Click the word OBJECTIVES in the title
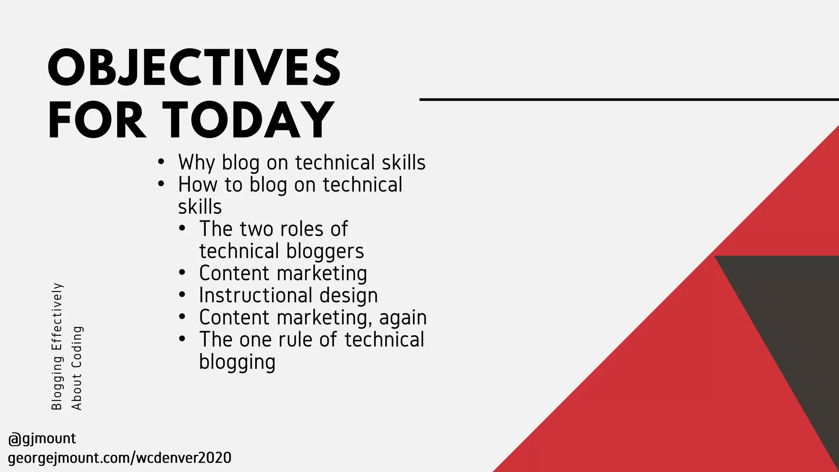194,68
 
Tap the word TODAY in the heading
249,120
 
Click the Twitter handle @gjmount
42,439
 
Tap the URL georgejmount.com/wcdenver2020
120,458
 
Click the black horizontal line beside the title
629,100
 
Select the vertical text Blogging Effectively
57,346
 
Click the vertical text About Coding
77,368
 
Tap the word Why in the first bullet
196,163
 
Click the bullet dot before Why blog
161,162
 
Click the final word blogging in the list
237,362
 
